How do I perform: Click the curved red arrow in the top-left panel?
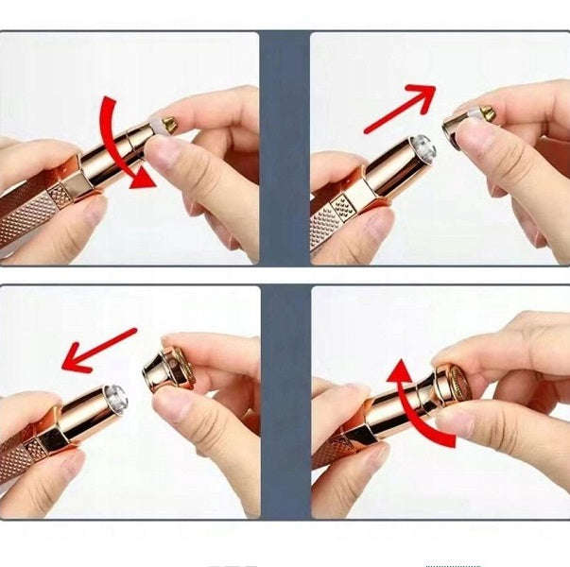114,142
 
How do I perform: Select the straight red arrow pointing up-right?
398,109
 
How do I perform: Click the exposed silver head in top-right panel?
423,146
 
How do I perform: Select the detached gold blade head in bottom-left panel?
168,368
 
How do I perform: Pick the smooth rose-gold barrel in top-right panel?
378,175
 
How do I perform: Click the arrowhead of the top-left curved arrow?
143,181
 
